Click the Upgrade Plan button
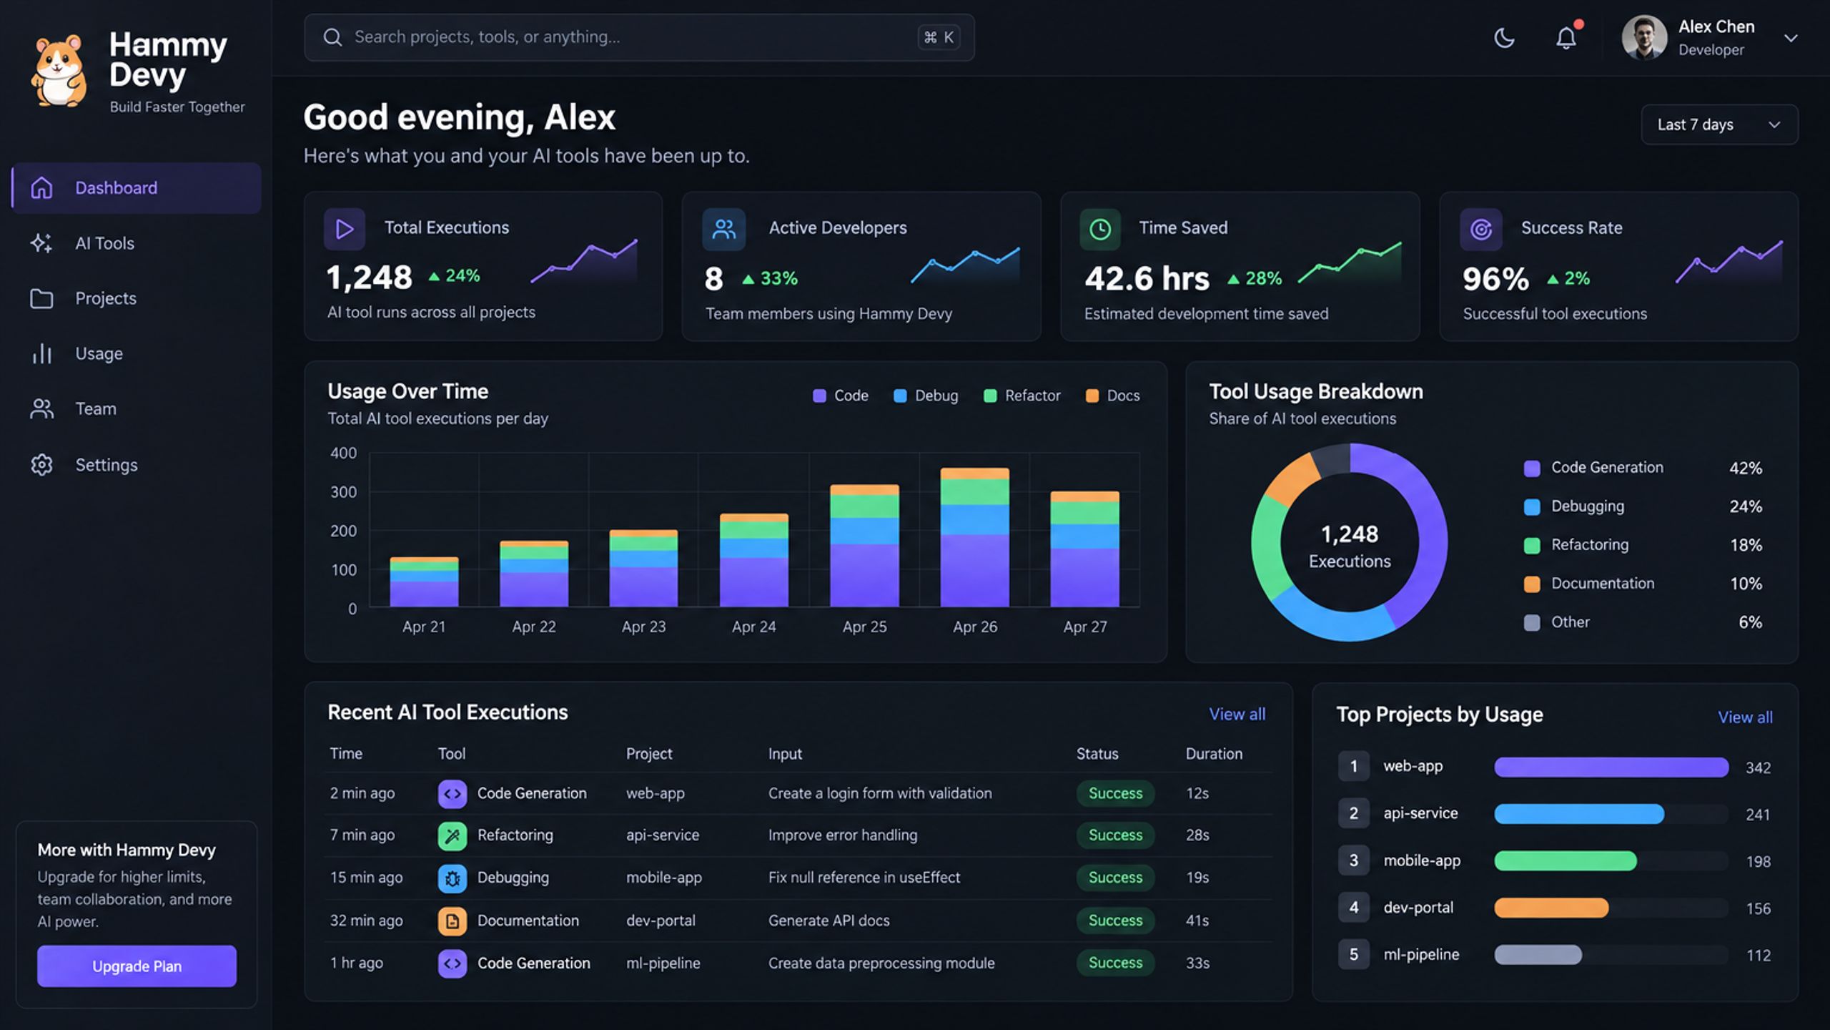click(x=137, y=966)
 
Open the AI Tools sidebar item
click(x=104, y=243)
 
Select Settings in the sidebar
click(x=107, y=465)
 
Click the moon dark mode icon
click(x=1504, y=37)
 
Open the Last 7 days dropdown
click(x=1719, y=124)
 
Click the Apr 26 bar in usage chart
click(x=974, y=537)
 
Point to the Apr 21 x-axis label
click(x=424, y=627)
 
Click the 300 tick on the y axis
click(x=343, y=492)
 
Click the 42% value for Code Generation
click(x=1745, y=468)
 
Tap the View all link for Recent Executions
click(x=1237, y=714)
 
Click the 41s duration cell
click(x=1197, y=921)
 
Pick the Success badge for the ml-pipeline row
click(x=1115, y=963)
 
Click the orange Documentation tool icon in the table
click(x=452, y=921)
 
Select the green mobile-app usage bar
click(x=1566, y=860)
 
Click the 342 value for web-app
click(x=1758, y=767)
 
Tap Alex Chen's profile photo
click(x=1644, y=37)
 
